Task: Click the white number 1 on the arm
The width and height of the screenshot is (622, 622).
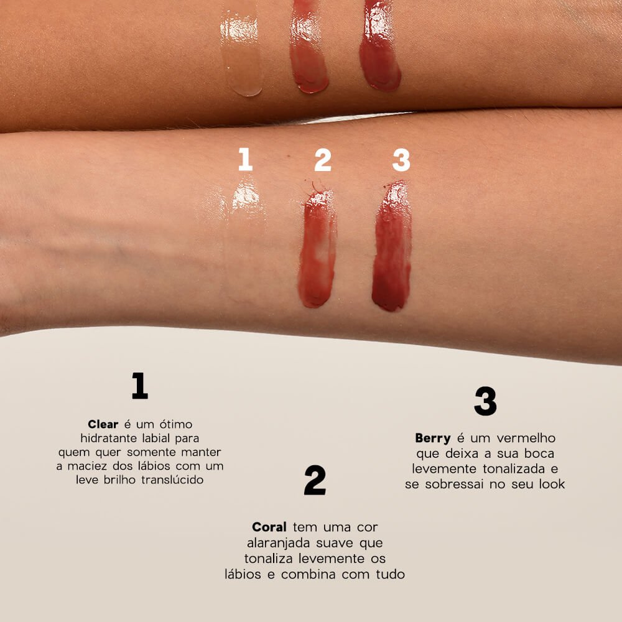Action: coord(246,159)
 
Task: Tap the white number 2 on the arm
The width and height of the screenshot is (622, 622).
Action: coord(323,159)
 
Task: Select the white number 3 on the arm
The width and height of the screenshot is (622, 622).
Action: coord(401,159)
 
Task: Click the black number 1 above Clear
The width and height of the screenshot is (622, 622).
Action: coord(140,386)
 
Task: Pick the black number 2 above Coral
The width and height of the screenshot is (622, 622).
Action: coord(315,480)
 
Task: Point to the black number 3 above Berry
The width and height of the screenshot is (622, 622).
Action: coord(485,401)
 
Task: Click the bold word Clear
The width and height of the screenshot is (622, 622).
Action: coord(103,424)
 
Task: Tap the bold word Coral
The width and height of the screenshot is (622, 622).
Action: coord(269,527)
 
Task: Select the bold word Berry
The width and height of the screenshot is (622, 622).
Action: coord(433,438)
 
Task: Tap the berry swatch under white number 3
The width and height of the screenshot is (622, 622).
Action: coord(392,249)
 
